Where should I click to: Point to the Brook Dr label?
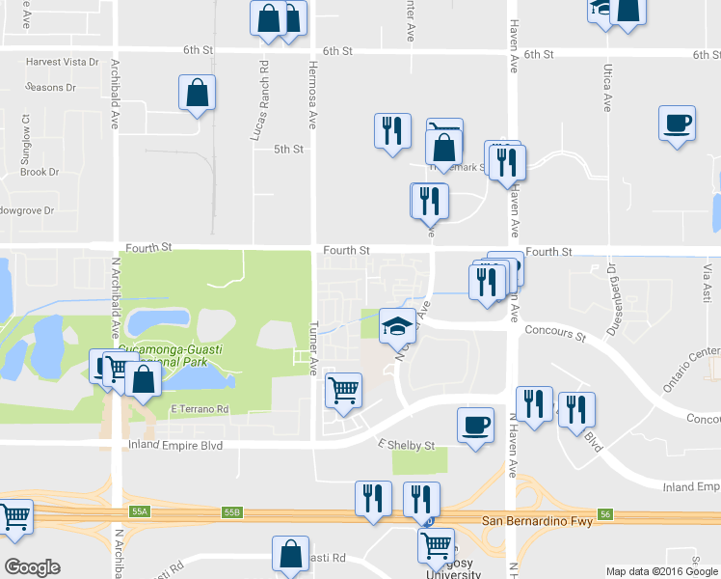click(x=40, y=172)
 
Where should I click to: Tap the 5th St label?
click(x=288, y=149)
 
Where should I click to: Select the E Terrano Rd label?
click(x=200, y=409)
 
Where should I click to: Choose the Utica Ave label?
click(x=608, y=88)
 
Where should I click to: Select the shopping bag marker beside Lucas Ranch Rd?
click(x=197, y=95)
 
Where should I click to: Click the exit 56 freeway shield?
click(x=604, y=514)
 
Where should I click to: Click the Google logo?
click(x=32, y=567)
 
